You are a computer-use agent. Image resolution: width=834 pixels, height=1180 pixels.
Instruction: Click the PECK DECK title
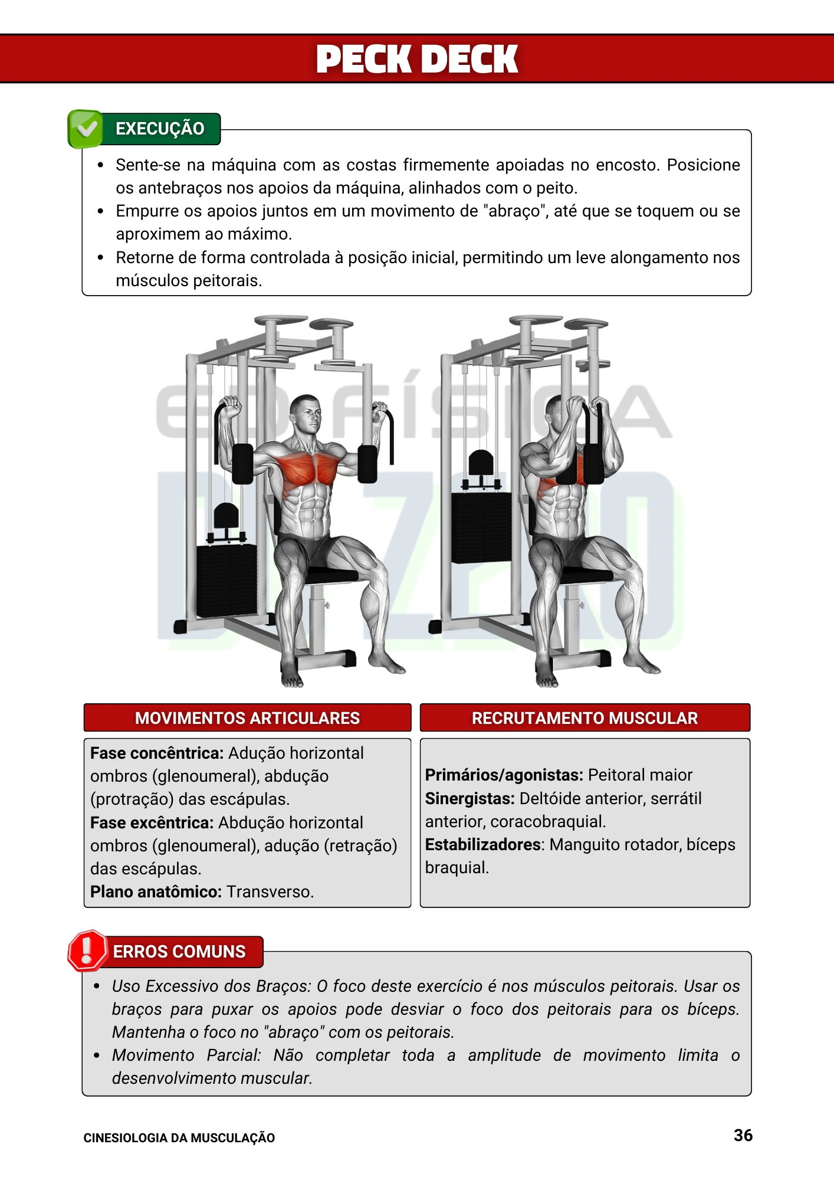point(417,59)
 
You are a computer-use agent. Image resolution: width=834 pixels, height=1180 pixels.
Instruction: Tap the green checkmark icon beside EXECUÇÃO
point(86,128)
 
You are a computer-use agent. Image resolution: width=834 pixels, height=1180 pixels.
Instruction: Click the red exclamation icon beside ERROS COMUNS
point(87,950)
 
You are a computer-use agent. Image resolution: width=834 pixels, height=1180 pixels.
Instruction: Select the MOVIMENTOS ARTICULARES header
point(247,718)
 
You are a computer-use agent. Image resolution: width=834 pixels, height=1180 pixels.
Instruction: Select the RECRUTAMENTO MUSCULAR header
point(585,718)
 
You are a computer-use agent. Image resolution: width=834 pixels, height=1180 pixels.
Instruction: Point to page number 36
point(743,1135)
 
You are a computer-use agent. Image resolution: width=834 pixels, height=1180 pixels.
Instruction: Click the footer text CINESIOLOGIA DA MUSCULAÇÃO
point(179,1138)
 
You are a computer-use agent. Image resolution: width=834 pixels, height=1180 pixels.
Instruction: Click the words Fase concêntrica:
point(157,753)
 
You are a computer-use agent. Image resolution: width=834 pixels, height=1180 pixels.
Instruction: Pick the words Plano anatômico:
point(156,892)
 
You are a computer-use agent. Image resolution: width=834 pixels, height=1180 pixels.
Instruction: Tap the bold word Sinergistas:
point(469,799)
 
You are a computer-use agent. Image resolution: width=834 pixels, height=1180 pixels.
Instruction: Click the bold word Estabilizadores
point(483,845)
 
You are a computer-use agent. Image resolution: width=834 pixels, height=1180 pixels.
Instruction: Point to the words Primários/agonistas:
point(504,775)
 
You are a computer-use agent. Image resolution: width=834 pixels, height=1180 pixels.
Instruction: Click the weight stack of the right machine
point(481,527)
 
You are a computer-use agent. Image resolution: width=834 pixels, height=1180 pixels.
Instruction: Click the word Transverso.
point(270,892)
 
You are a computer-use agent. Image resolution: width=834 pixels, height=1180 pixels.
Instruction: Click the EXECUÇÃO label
point(160,129)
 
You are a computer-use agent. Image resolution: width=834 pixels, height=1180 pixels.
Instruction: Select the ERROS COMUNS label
point(179,952)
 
